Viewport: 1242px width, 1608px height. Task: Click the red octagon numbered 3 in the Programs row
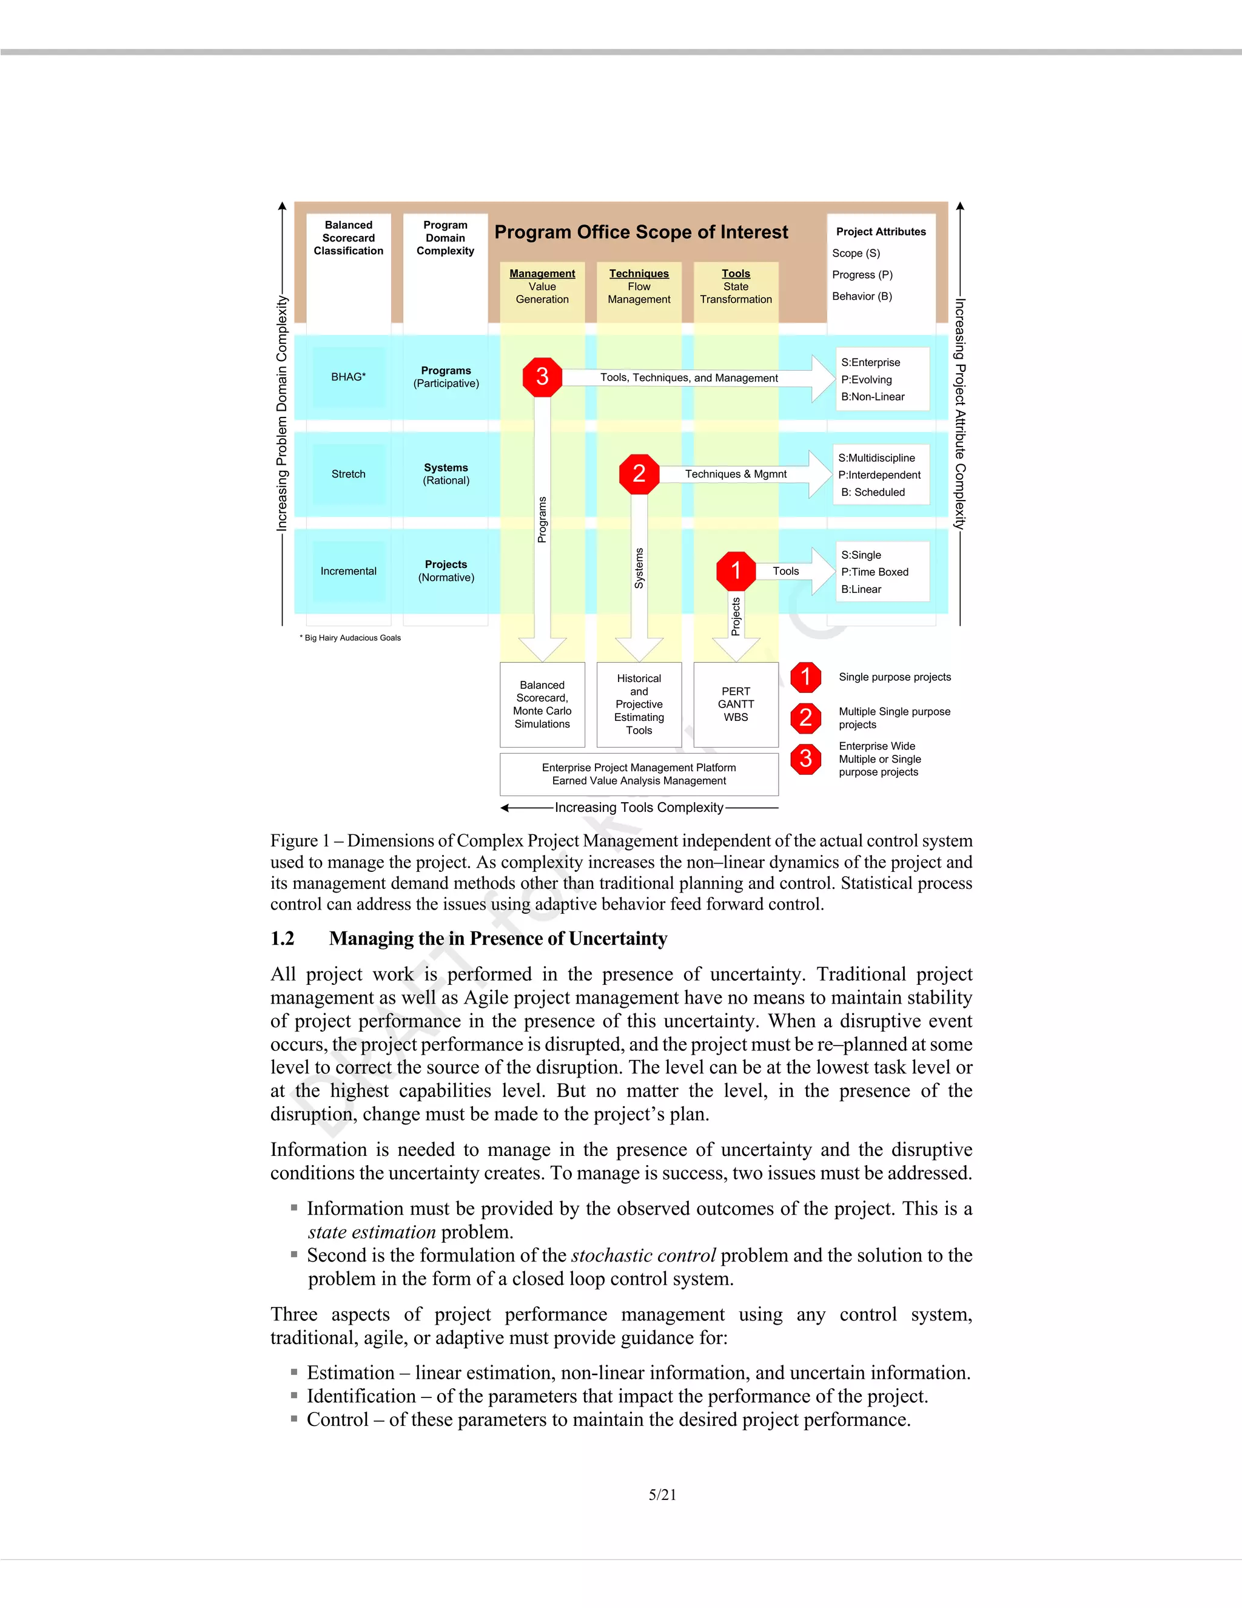[542, 377]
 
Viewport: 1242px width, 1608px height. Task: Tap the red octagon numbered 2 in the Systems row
[639, 473]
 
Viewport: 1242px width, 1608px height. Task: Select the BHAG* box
[348, 377]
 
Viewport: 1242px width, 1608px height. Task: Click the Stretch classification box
[348, 474]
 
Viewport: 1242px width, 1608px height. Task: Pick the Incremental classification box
[348, 572]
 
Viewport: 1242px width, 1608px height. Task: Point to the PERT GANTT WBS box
[736, 704]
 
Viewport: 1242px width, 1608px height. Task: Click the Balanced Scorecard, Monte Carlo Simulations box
[542, 704]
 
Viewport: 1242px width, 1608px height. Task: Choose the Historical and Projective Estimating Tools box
[639, 704]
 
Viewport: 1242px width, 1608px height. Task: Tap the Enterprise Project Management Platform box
[639, 774]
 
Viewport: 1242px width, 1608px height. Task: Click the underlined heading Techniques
[639, 273]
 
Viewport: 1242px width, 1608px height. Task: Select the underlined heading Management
[542, 273]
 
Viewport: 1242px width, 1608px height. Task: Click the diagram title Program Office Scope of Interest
[641, 232]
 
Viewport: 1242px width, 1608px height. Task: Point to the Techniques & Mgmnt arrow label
[736, 474]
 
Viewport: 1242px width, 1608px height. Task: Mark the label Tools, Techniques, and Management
[689, 377]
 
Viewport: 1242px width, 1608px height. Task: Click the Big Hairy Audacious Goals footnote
[351, 638]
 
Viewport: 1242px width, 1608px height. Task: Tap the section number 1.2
[283, 939]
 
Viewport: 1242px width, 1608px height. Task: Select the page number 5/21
[662, 1495]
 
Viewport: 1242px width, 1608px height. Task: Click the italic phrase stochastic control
[643, 1255]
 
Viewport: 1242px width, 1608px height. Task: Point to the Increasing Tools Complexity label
[639, 808]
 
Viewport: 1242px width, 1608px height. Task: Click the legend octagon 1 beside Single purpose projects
[806, 677]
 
